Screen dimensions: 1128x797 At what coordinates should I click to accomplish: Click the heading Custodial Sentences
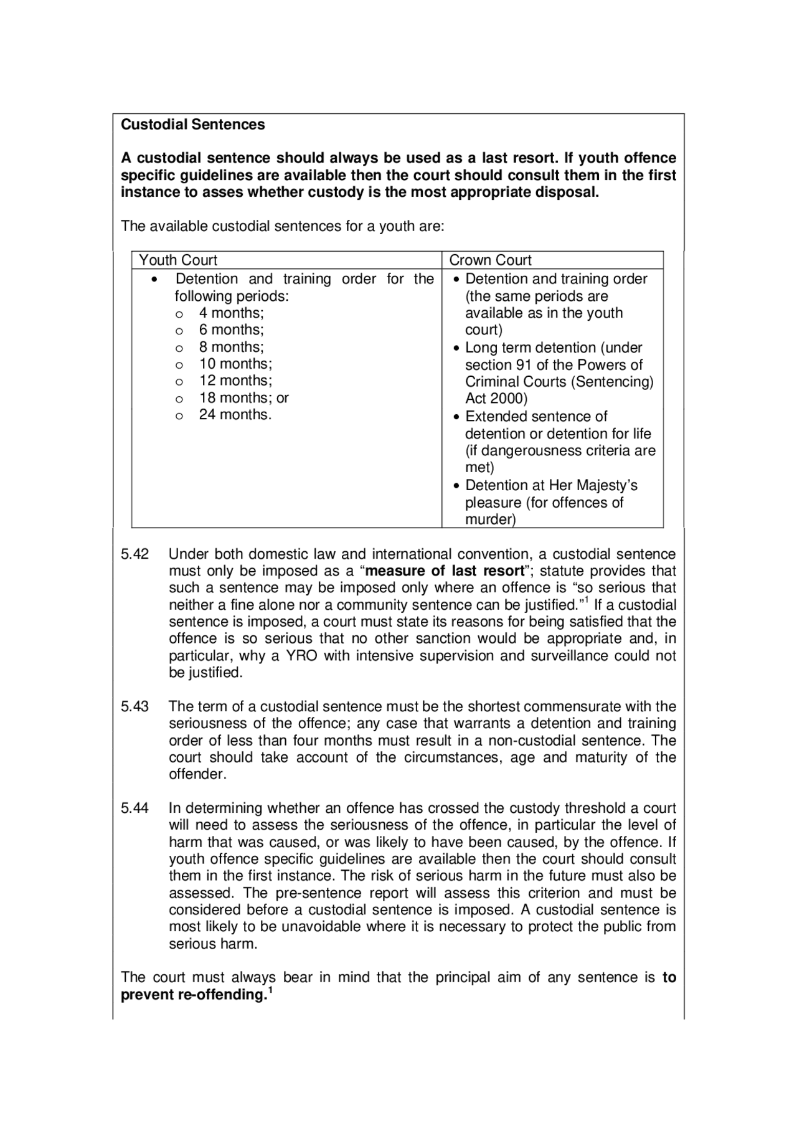click(x=192, y=125)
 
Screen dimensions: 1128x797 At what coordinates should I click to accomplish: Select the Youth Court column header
click(x=178, y=260)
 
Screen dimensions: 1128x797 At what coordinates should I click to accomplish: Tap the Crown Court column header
click(x=490, y=260)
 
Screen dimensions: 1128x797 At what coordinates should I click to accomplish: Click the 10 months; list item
click(x=235, y=364)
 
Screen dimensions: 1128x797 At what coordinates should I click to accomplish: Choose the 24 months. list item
click(x=235, y=415)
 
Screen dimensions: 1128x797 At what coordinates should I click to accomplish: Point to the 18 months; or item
click(x=243, y=398)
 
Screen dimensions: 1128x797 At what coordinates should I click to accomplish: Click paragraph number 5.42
click(x=134, y=554)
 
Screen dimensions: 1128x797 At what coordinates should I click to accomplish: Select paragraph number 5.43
click(x=134, y=707)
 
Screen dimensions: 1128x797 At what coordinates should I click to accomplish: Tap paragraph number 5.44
click(x=134, y=808)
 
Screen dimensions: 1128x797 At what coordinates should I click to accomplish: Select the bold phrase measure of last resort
click(x=445, y=571)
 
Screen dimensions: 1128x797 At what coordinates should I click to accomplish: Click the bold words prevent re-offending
click(x=191, y=995)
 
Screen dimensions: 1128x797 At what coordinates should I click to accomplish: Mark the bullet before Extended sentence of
click(x=457, y=417)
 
